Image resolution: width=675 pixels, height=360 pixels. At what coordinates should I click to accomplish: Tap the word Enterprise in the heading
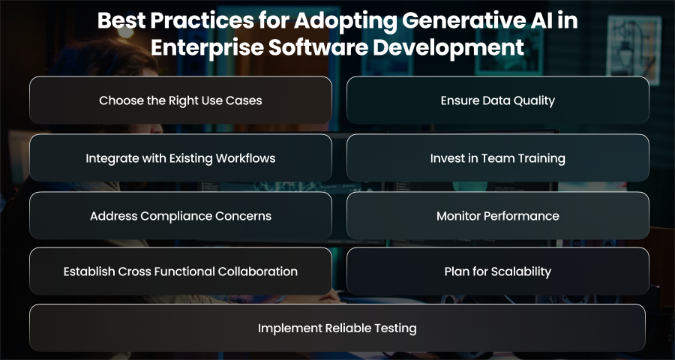(207, 48)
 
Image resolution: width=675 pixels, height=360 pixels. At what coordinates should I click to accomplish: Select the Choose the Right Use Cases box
(181, 100)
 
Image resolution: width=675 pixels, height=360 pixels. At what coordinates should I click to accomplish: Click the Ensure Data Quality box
(498, 100)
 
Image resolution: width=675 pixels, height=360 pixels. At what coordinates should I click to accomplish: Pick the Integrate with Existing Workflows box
(181, 158)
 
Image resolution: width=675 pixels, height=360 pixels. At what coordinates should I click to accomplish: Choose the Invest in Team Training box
(498, 158)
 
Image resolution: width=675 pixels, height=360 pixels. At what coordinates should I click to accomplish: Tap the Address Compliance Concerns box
(181, 215)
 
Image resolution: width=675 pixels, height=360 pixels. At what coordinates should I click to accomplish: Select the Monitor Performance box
(498, 215)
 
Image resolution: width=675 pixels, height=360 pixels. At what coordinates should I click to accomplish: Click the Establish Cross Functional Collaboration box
(181, 271)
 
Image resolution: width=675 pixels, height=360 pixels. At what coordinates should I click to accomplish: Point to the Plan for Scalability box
(498, 271)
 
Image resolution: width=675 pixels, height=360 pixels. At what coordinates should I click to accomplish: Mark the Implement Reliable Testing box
(337, 328)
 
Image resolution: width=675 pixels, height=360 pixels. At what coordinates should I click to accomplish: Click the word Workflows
(245, 158)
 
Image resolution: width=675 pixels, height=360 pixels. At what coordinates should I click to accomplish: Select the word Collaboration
(257, 271)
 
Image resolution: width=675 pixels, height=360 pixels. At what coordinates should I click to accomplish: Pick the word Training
(542, 159)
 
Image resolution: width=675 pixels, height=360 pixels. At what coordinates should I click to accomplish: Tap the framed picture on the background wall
(634, 50)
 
